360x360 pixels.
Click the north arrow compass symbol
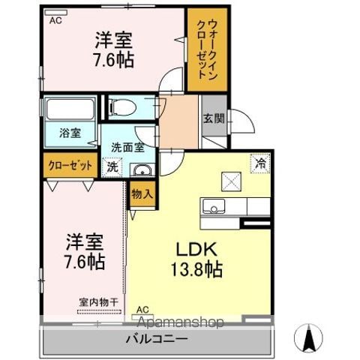[x=308, y=338]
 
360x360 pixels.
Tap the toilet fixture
[x=123, y=107]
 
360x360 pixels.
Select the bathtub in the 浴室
[x=70, y=109]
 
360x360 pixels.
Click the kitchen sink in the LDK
[x=214, y=206]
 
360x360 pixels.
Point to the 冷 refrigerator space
[x=260, y=163]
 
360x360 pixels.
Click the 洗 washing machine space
[x=112, y=167]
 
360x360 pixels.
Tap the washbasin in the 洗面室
[x=142, y=170]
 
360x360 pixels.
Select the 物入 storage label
[x=142, y=194]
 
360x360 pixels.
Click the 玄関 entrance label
[x=214, y=118]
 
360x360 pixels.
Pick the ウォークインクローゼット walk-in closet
[x=207, y=49]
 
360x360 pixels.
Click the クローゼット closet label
[x=70, y=166]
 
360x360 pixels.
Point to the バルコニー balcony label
[x=157, y=340]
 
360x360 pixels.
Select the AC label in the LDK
[x=142, y=310]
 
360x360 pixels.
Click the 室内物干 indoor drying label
[x=98, y=302]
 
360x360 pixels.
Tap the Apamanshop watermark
[x=181, y=322]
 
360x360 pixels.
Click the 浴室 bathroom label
[x=70, y=133]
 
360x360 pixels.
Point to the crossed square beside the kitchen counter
[x=231, y=181]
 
